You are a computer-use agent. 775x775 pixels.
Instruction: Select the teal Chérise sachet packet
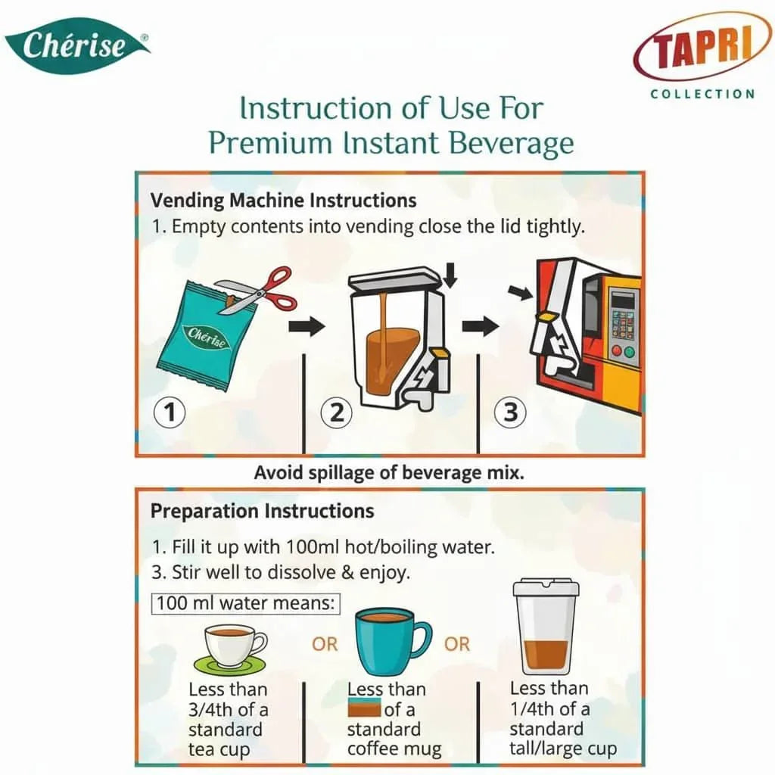point(201,333)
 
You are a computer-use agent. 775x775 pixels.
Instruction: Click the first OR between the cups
point(325,644)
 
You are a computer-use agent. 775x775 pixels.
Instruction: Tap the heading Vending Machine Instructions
point(283,201)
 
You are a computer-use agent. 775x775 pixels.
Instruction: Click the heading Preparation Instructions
point(262,511)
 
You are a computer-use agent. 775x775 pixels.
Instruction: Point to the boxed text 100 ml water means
point(247,604)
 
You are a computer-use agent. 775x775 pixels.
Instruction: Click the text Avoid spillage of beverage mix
point(389,473)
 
